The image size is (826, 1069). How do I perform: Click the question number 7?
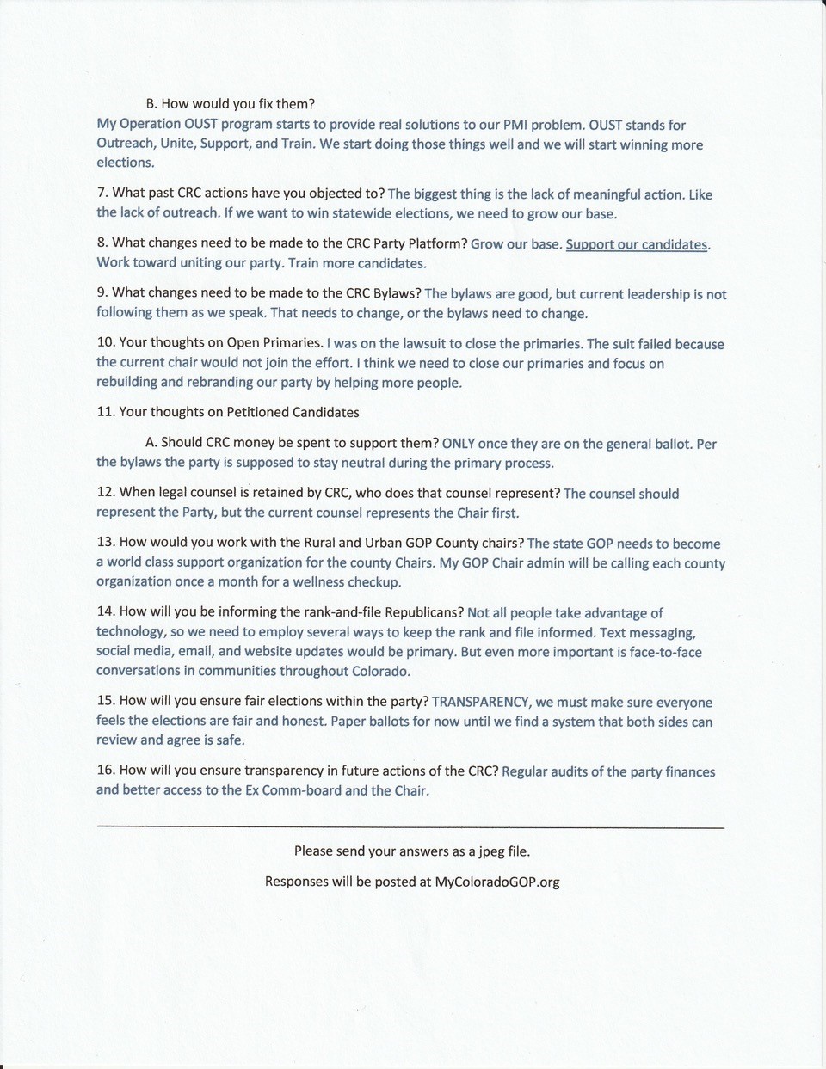[102, 193]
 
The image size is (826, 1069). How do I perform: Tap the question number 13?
[105, 542]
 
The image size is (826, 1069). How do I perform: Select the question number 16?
[105, 770]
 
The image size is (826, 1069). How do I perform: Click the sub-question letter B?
[151, 104]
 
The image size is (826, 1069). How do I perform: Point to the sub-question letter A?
[151, 443]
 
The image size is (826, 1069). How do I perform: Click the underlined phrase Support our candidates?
[637, 244]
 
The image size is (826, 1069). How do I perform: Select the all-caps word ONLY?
[458, 444]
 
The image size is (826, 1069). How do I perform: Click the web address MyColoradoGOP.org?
[497, 882]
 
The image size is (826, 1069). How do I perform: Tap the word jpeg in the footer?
[486, 851]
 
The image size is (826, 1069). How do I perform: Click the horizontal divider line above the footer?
[410, 827]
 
